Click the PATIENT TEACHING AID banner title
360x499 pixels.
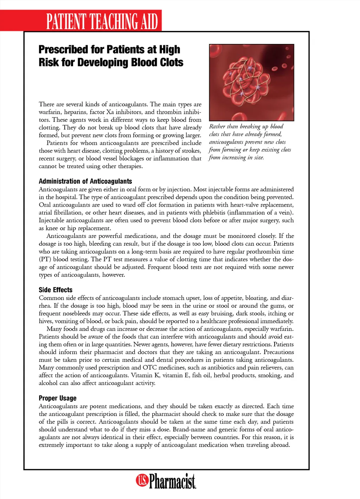tap(102, 21)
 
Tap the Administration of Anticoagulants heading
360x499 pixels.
tap(85, 181)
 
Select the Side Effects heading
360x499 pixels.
tap(56, 290)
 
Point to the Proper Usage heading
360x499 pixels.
tap(58, 398)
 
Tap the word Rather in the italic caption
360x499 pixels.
tap(217, 127)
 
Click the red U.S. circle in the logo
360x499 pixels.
tap(142, 480)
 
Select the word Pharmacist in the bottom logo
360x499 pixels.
tap(172, 481)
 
